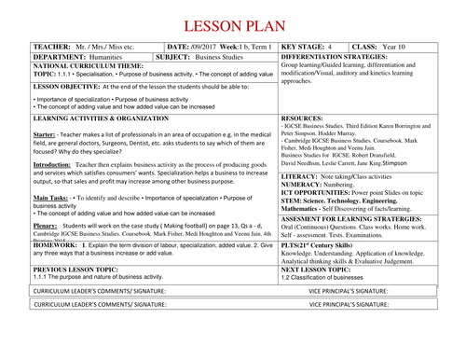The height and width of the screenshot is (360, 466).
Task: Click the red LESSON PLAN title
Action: coord(232,25)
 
